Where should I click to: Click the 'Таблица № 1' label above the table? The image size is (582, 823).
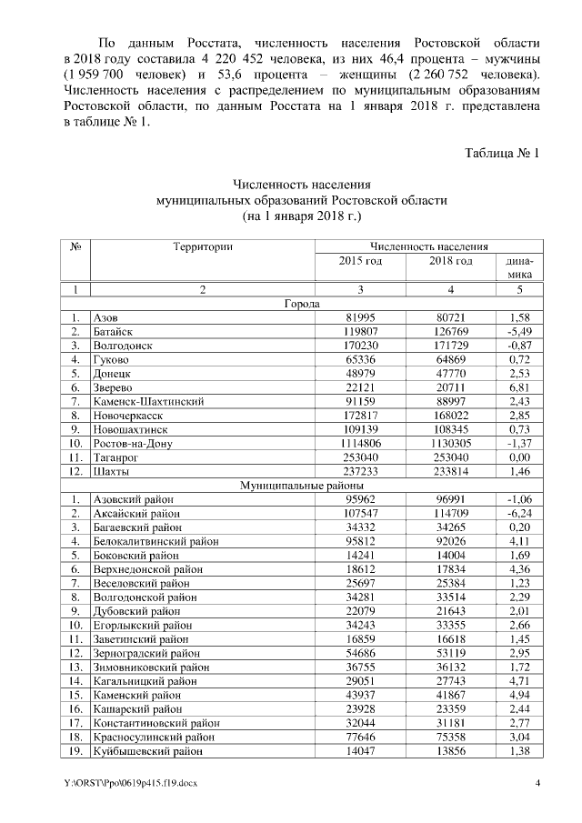[x=502, y=152]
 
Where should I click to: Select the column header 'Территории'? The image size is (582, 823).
[x=203, y=246]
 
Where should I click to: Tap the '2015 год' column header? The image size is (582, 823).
[x=360, y=262]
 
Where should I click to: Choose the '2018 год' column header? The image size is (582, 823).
[x=451, y=262]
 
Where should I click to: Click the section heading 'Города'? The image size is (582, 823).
[x=302, y=303]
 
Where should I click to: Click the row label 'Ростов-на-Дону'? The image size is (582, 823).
[x=132, y=443]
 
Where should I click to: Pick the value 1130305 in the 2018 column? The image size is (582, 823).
[x=451, y=443]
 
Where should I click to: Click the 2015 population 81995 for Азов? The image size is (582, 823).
[x=360, y=317]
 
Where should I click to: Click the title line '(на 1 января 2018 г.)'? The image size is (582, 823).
[x=302, y=216]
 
